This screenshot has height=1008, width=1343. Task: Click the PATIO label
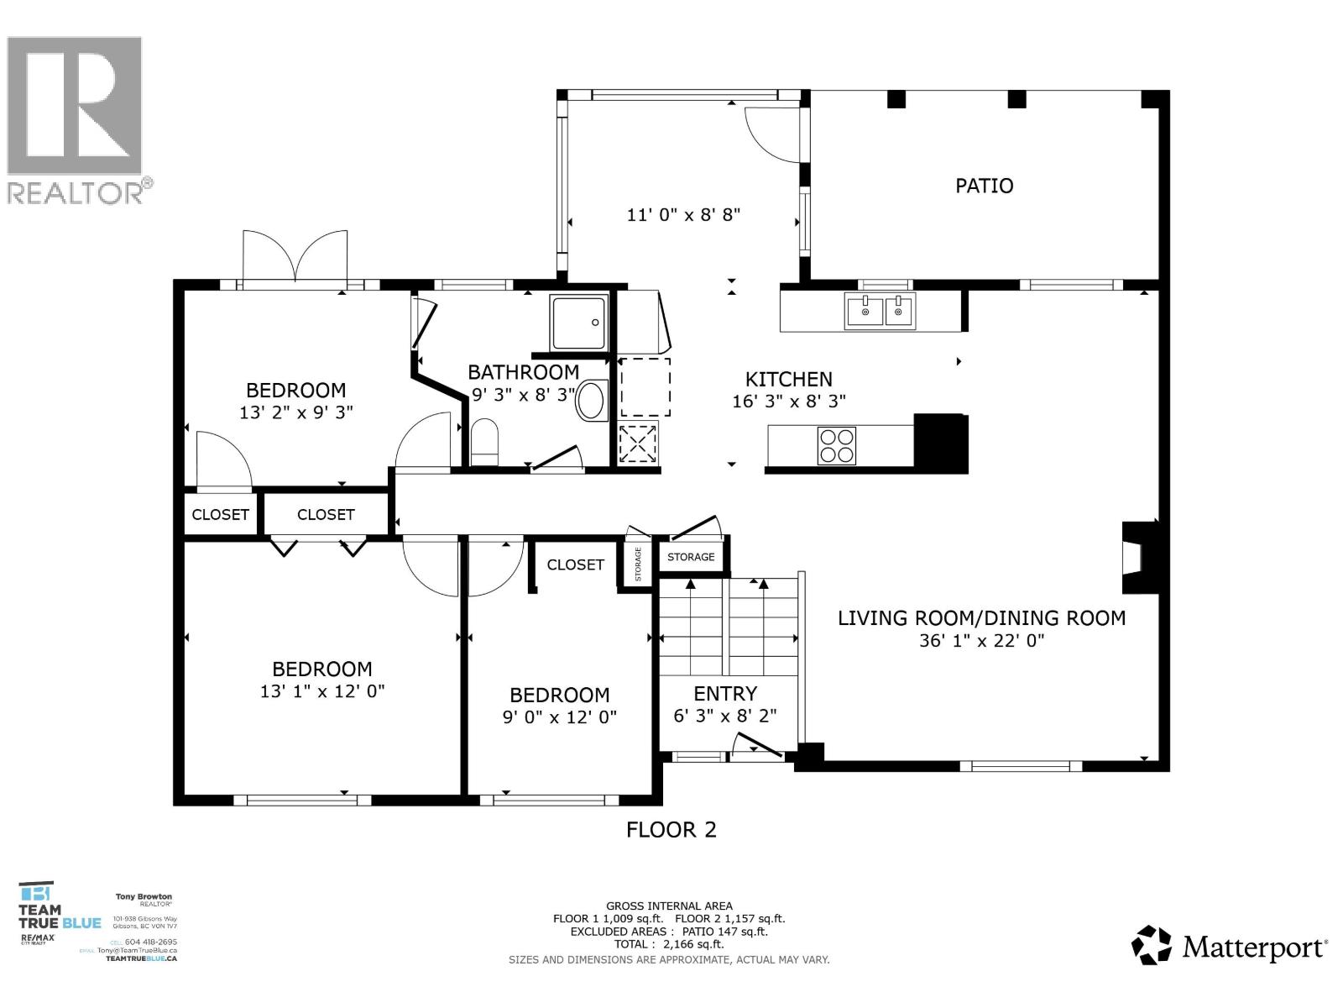click(x=984, y=186)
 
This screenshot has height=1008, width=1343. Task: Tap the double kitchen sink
click(x=880, y=311)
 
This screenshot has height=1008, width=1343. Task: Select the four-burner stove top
click(x=836, y=445)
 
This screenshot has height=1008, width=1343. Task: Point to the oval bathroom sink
click(x=593, y=401)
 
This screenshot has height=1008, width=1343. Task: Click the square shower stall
click(x=578, y=323)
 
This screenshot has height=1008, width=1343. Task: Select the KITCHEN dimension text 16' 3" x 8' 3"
click(x=788, y=402)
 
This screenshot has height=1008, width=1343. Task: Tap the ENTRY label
click(x=725, y=694)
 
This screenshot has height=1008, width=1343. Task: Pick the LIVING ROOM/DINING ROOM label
click(x=981, y=618)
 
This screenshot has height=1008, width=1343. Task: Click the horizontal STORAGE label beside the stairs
click(x=691, y=557)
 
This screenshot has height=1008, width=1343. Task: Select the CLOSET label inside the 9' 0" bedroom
click(x=575, y=564)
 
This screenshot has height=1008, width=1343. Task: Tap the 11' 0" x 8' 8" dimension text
click(x=683, y=215)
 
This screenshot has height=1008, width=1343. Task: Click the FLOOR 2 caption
click(x=671, y=830)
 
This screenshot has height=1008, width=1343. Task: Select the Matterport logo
click(x=1229, y=947)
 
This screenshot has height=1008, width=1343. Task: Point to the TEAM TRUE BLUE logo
click(x=59, y=916)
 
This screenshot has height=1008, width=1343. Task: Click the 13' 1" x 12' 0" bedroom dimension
click(x=321, y=691)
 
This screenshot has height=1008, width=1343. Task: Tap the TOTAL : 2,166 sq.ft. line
click(x=669, y=944)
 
